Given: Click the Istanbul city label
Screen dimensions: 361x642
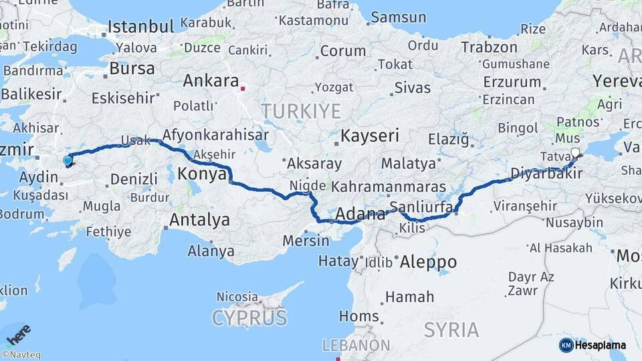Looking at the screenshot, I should (x=140, y=27).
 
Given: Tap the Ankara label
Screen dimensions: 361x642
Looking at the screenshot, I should (x=211, y=81).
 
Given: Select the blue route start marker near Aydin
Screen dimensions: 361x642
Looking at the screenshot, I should (x=68, y=160).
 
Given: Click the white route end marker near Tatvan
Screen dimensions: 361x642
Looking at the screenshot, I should (x=576, y=152).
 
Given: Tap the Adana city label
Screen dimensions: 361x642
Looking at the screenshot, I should (x=361, y=215).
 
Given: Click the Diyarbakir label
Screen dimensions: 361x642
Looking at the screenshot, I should (x=546, y=174).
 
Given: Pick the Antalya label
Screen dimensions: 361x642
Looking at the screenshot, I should (x=199, y=220).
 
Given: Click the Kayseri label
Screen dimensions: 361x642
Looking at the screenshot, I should (x=370, y=136).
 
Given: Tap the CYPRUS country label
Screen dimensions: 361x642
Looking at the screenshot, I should (x=249, y=318).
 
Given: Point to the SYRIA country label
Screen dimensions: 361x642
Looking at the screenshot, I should (x=451, y=330).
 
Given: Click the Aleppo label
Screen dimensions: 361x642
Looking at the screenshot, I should (x=428, y=262).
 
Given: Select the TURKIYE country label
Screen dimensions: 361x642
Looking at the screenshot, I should (x=301, y=111).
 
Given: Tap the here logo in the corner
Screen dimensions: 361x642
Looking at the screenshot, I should (x=18, y=334).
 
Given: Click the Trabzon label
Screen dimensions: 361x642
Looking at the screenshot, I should (x=489, y=47).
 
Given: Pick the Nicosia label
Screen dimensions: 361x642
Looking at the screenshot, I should (x=237, y=296).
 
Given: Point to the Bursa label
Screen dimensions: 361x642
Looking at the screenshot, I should (x=132, y=68).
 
